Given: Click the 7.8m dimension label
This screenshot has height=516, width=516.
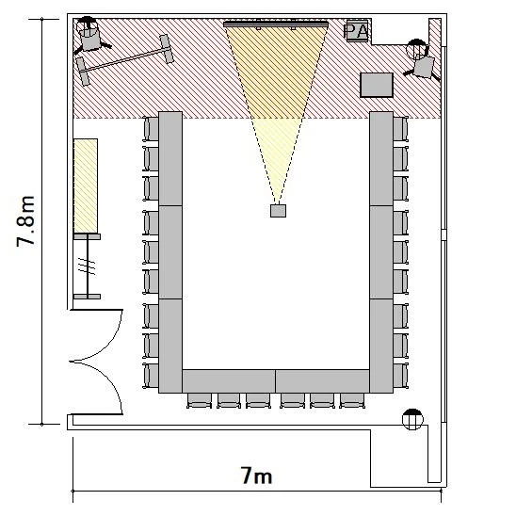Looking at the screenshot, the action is pos(25,221).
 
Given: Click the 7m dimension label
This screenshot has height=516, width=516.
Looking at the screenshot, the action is pos(257,476).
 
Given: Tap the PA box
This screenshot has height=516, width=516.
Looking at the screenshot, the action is pos(357,31).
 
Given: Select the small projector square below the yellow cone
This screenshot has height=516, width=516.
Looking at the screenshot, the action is pos(278,211).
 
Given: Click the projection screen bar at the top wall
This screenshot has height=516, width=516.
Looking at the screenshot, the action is pos(276,24).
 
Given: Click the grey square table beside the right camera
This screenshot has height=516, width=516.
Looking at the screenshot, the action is pos(377,85).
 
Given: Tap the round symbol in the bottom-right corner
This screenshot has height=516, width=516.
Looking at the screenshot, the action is pos(412,419).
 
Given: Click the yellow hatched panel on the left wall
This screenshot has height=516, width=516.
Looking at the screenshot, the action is pos(86,185).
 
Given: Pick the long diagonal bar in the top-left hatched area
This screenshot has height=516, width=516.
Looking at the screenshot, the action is pos(125,59).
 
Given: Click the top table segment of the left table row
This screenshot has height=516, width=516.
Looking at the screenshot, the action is pos(170,158).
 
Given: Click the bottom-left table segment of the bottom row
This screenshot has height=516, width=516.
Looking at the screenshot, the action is pos(229,381).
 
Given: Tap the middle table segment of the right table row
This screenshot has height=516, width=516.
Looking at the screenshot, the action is pos(381,252).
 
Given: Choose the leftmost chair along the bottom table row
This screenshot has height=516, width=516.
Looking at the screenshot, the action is pos(200,400).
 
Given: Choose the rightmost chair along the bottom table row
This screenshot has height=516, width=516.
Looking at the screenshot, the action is pos(352,400).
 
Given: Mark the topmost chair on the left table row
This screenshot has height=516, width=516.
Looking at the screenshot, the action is pos(151,129).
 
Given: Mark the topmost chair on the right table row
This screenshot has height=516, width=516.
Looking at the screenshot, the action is pos(400,129).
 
